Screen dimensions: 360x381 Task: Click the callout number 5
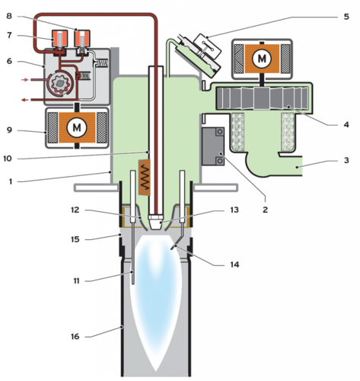pos(346,17)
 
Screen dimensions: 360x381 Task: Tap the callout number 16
pos(75,336)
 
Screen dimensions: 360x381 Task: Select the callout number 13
pos(234,210)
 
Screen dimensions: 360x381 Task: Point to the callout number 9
pos(9,130)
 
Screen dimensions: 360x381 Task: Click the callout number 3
pos(346,160)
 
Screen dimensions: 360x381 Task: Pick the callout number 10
pos(8,158)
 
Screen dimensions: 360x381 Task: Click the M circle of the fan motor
pos(262,59)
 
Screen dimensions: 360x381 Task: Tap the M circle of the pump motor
pos(77,127)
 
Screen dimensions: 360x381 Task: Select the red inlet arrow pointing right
pos(25,80)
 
